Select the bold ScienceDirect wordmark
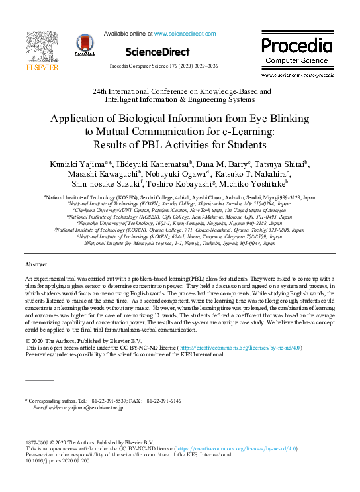coord(157,52)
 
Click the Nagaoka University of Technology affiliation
coord(179,224)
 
